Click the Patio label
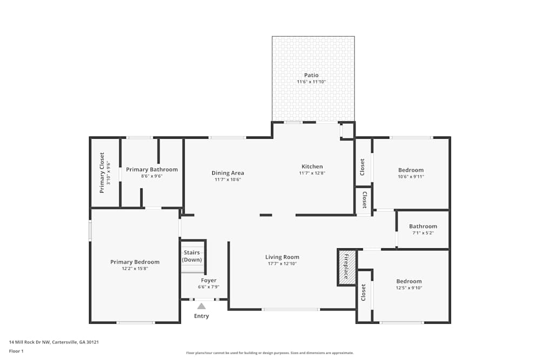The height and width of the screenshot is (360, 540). point(312,75)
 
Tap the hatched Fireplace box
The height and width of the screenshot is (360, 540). point(347,267)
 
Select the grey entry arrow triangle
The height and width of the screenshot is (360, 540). point(201,306)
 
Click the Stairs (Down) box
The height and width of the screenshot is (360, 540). point(192,256)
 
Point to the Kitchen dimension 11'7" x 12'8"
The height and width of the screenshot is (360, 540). point(312,173)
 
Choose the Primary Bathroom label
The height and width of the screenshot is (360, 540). point(152,169)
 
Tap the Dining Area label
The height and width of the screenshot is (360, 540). point(227,173)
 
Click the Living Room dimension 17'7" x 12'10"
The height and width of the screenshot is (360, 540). point(282,264)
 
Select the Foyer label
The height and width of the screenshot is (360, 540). point(208,281)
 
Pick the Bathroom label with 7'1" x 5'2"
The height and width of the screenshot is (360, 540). point(423,227)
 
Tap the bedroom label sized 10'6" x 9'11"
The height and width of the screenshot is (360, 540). point(410,170)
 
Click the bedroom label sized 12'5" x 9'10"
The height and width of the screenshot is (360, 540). point(409,281)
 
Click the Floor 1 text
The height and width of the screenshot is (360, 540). point(16,351)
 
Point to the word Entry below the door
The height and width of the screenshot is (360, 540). point(201,316)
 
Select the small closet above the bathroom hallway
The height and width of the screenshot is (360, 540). point(364,200)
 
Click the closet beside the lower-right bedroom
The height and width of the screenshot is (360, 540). point(363,293)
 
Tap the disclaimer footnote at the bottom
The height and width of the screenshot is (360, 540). point(269,353)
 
